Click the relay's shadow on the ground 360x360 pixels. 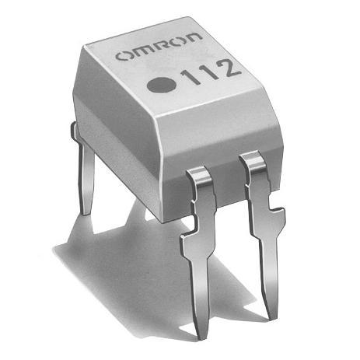click(x=124, y=257)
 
